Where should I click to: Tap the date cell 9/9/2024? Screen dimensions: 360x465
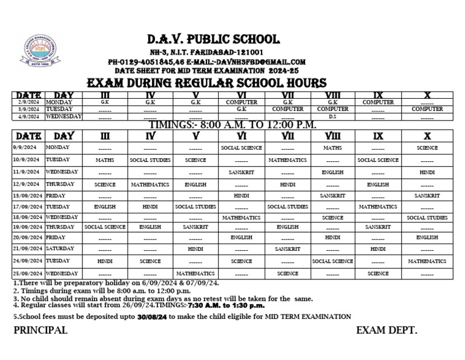(x=25, y=147)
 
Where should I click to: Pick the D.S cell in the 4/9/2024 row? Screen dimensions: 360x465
(x=332, y=116)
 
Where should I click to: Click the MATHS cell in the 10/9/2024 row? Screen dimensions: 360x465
(x=105, y=160)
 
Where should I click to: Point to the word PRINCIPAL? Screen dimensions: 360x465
(x=40, y=330)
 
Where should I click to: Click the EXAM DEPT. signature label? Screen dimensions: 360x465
(x=386, y=330)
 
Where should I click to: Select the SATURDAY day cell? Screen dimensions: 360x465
(x=61, y=249)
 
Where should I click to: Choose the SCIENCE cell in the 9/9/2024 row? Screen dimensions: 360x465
(x=427, y=147)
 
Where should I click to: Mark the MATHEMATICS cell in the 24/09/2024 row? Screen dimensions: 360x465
(x=427, y=261)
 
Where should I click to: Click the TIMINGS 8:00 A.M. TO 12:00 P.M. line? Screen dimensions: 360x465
(x=232, y=124)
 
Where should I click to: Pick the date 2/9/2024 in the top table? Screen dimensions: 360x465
(x=27, y=102)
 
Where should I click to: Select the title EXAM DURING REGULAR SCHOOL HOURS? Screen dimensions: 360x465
(x=207, y=83)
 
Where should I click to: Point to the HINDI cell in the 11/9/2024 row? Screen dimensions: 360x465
(x=427, y=173)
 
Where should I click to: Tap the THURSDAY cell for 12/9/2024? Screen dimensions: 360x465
(x=60, y=184)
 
